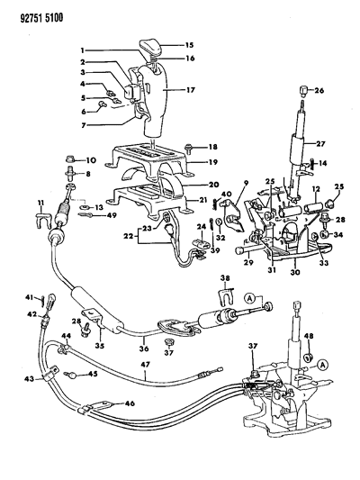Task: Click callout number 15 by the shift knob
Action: [x=189, y=45]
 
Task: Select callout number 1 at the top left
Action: [x=81, y=50]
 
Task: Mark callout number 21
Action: [x=202, y=199]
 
